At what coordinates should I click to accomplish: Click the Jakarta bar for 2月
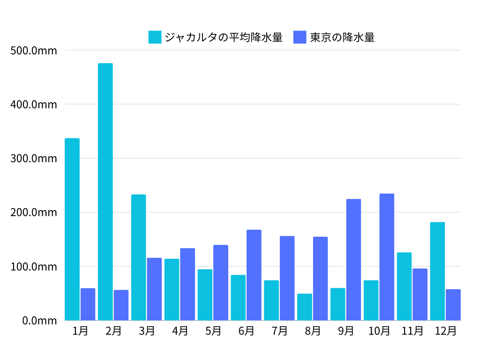[105, 192]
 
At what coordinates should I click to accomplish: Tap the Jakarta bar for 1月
[72, 229]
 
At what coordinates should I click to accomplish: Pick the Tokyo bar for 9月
[353, 260]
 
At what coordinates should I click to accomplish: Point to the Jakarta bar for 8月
[305, 307]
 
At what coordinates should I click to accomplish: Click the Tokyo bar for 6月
[254, 275]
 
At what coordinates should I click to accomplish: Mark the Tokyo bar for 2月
[121, 305]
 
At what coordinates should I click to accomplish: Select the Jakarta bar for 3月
[139, 257]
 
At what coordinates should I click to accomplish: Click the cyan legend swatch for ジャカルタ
[155, 37]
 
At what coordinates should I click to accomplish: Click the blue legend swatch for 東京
[300, 37]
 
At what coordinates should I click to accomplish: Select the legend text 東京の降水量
[342, 37]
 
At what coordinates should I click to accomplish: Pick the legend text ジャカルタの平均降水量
[224, 37]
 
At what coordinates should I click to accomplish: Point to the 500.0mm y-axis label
[33, 50]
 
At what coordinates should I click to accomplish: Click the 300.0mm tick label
[33, 158]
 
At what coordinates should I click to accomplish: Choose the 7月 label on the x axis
[280, 331]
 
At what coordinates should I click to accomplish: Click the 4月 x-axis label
[180, 331]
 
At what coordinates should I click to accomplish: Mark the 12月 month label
[445, 331]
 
